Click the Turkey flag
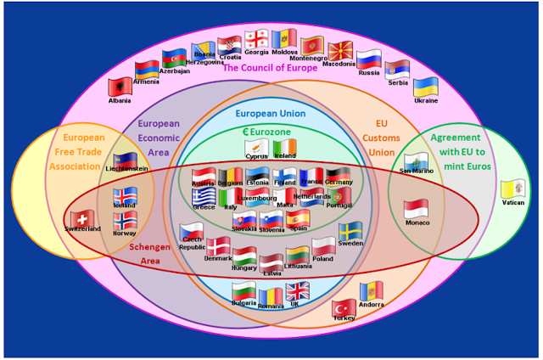tap(344, 307)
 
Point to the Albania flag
tap(120, 87)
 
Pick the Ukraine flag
tap(425, 86)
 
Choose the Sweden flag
tap(350, 231)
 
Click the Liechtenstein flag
tap(125, 160)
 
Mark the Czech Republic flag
tap(192, 231)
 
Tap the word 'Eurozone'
tap(277, 132)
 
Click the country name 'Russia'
tap(368, 73)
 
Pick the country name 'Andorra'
tap(372, 305)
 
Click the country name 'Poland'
tap(323, 258)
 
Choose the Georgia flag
tap(256, 39)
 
